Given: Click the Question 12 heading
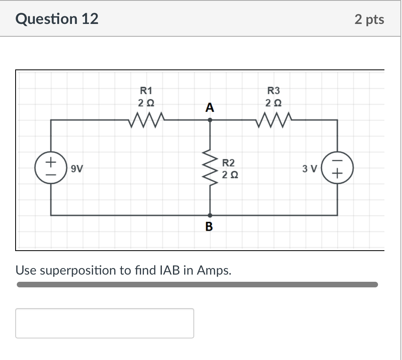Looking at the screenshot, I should (57, 19).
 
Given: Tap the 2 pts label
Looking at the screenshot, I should (369, 19).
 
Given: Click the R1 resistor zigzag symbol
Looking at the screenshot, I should (146, 119).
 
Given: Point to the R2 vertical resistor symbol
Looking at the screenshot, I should (210, 168).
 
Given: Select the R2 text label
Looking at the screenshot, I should (229, 163).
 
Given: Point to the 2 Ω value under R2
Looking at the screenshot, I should (229, 175).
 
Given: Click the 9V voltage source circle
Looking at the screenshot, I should (50, 168).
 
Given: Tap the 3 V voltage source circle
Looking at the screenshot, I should (338, 168).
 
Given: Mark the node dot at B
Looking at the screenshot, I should (210, 215).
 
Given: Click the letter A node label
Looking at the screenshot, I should (209, 107).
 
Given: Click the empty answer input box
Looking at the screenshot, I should (105, 323).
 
